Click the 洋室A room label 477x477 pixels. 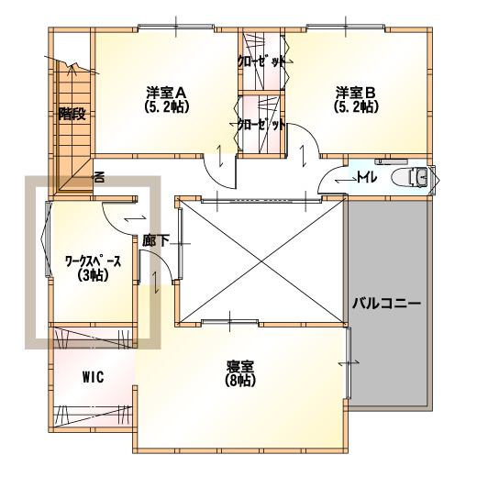(x=166, y=92)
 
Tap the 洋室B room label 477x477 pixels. (x=356, y=92)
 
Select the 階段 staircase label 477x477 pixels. (x=72, y=114)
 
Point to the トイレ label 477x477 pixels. (x=367, y=177)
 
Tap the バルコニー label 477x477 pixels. (x=386, y=304)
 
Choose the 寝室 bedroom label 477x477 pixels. (x=240, y=366)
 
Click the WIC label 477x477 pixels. (x=94, y=377)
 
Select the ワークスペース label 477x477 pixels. (x=94, y=261)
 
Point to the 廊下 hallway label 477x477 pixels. (x=155, y=240)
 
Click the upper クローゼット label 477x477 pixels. (x=261, y=61)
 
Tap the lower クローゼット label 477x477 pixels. (x=261, y=125)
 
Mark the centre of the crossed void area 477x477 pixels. (x=261, y=261)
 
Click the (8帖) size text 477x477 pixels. (x=240, y=381)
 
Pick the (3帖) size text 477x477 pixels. (x=94, y=275)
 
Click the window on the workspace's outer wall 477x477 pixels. (x=47, y=239)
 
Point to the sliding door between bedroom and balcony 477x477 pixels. (x=348, y=363)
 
